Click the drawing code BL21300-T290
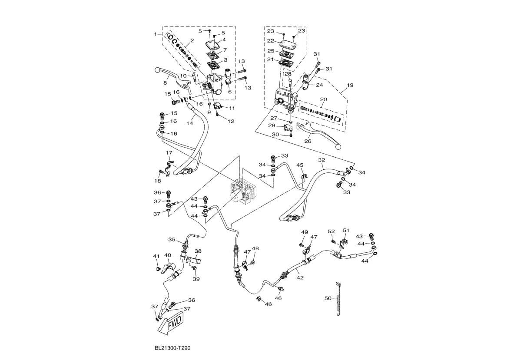[172, 348]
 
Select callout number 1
[155, 33]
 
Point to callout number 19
[350, 85]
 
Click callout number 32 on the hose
[321, 160]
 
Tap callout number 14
[189, 123]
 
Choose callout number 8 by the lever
[165, 83]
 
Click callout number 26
[308, 141]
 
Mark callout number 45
[300, 165]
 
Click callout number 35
[172, 239]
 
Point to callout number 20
[323, 99]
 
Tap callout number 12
[230, 121]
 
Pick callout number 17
[169, 153]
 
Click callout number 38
[198, 251]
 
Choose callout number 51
[346, 230]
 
